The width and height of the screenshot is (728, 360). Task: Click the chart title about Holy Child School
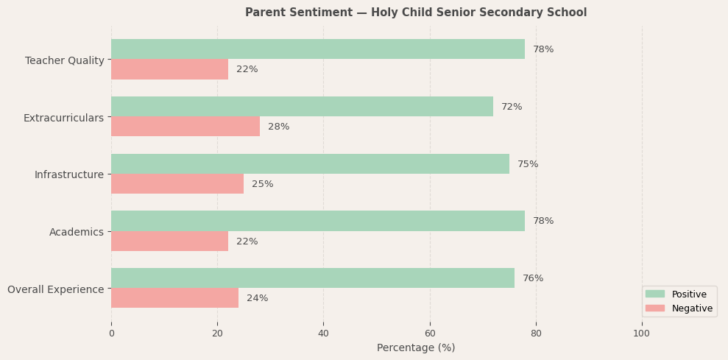pyautogui.click(x=416, y=13)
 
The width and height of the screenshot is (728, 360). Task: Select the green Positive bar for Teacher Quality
pyautogui.click(x=318, y=49)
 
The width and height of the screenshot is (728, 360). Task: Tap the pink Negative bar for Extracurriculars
pyautogui.click(x=185, y=127)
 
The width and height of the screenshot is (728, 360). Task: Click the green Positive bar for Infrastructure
pyautogui.click(x=310, y=164)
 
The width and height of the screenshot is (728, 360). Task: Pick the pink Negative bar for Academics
pyautogui.click(x=169, y=241)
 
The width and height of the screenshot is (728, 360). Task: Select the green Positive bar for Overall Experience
pyautogui.click(x=313, y=278)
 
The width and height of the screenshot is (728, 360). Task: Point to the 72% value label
pyautogui.click(x=512, y=107)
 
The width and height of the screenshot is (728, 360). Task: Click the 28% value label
pyautogui.click(x=278, y=127)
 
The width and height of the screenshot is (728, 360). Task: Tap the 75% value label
pyautogui.click(x=528, y=164)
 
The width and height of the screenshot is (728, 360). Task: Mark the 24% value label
pyautogui.click(x=257, y=298)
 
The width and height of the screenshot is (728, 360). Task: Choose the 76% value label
pyautogui.click(x=533, y=278)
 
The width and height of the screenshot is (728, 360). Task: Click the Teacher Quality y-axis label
pyautogui.click(x=65, y=60)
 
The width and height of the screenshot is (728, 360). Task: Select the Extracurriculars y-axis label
pyautogui.click(x=63, y=118)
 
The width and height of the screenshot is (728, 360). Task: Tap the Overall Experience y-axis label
pyautogui.click(x=56, y=289)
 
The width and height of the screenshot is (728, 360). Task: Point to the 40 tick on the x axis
pyautogui.click(x=323, y=333)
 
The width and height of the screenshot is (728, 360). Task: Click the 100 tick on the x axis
pyautogui.click(x=642, y=333)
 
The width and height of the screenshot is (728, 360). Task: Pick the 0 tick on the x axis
pyautogui.click(x=111, y=333)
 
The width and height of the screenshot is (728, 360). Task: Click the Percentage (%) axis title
pyautogui.click(x=416, y=347)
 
